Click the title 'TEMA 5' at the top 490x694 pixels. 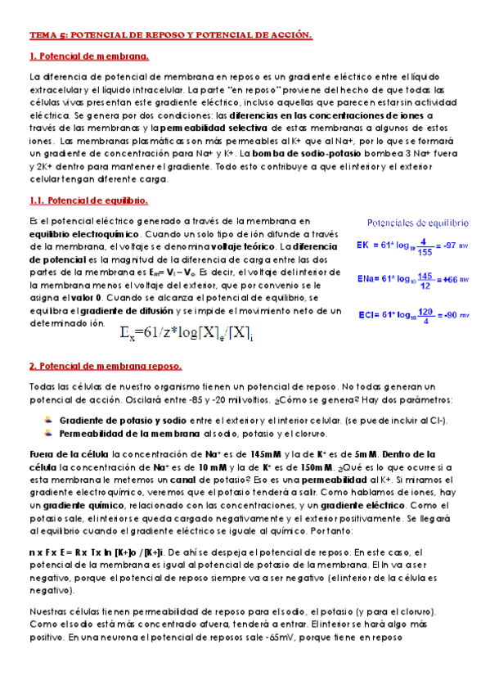pyautogui.click(x=47, y=36)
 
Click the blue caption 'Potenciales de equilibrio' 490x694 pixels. pyautogui.click(x=417, y=222)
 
